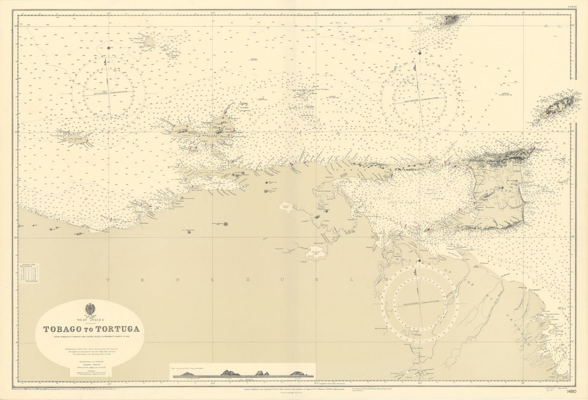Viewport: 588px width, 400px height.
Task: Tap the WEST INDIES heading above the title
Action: (x=89, y=319)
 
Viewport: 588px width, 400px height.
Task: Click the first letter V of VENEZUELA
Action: (x=107, y=279)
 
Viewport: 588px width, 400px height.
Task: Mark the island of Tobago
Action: (x=559, y=107)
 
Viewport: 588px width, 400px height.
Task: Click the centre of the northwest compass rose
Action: (x=109, y=89)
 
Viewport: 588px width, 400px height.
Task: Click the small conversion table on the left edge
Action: (x=28, y=272)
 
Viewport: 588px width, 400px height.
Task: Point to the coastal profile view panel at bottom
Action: (x=243, y=372)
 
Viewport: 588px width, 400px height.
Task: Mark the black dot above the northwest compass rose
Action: (x=109, y=48)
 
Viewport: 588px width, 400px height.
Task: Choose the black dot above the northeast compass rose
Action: (x=420, y=53)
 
